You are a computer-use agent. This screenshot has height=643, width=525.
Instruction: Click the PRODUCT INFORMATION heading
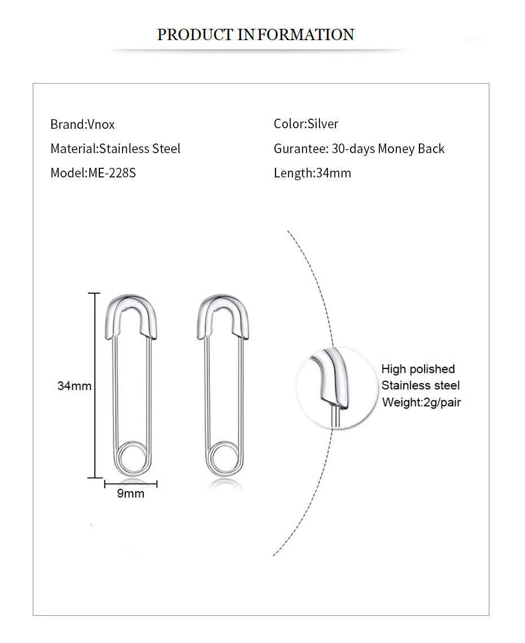point(255,34)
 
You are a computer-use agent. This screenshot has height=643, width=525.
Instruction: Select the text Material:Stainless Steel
point(115,149)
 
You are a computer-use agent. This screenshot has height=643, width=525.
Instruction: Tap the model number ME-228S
point(112,173)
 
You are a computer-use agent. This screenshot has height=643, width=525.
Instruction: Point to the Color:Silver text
point(306,124)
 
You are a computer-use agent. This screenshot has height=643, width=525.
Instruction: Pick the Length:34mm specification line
point(312,173)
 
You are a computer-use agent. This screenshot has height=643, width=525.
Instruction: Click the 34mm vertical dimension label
point(75,386)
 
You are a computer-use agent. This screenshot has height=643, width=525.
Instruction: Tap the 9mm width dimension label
point(130,494)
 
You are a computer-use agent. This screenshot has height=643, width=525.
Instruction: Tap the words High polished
point(418,369)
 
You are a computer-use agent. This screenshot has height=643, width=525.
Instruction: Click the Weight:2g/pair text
point(421,402)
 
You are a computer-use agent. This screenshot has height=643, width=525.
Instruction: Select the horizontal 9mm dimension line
point(130,483)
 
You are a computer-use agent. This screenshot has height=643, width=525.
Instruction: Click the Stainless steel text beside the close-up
point(421,386)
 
